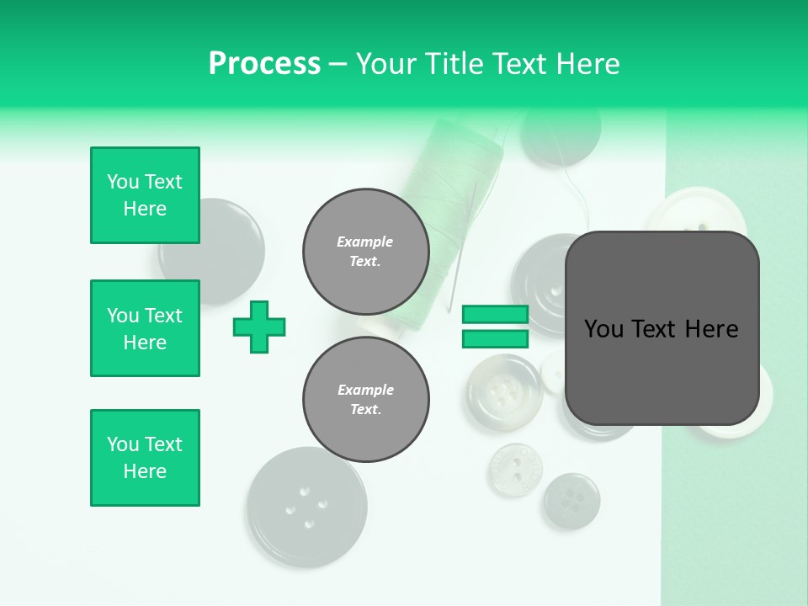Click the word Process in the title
[x=264, y=63]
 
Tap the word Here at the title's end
[x=586, y=63]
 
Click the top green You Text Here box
[x=145, y=195]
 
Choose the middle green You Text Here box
[x=145, y=328]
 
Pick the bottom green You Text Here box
[x=145, y=458]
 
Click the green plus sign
[x=259, y=327]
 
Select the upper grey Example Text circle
[x=365, y=251]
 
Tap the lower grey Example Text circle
[x=365, y=399]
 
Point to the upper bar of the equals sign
[x=495, y=315]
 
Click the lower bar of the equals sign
[x=495, y=338]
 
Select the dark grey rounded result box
[x=662, y=328]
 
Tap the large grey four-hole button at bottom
[x=301, y=507]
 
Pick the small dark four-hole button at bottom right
[x=571, y=501]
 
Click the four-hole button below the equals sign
[x=503, y=392]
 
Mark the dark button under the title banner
[x=560, y=135]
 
